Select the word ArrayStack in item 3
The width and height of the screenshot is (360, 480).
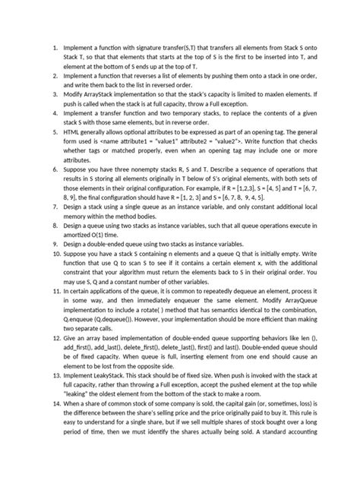106,93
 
